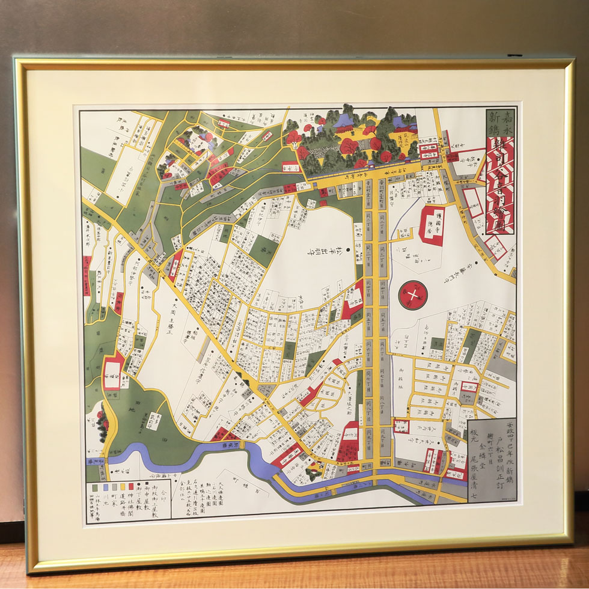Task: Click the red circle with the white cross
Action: click(413, 294)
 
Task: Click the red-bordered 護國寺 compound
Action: click(432, 225)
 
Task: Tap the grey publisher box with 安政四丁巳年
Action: click(491, 460)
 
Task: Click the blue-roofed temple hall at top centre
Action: click(344, 123)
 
